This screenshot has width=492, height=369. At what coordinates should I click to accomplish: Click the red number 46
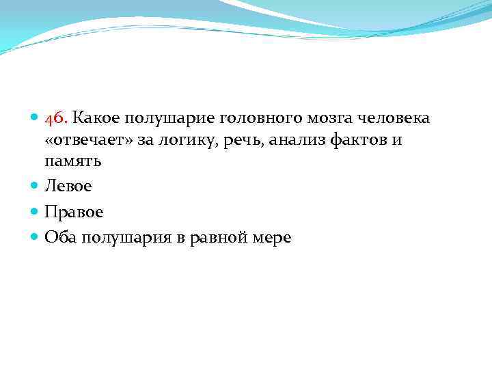click(55, 118)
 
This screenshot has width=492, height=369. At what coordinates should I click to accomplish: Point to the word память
click(73, 162)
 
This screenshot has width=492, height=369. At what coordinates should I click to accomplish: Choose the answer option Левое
click(68, 185)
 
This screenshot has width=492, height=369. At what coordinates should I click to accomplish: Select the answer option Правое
click(74, 212)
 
